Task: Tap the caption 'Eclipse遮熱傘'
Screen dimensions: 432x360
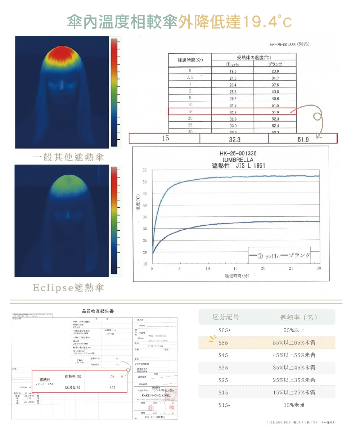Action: (69, 288)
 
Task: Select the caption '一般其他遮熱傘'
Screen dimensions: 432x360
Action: (69, 157)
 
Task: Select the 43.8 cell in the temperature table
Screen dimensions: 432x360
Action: (275, 92)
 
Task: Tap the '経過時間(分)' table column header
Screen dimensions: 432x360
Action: (190, 60)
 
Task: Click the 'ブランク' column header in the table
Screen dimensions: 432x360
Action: (275, 64)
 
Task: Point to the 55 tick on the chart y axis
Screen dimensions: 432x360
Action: (144, 170)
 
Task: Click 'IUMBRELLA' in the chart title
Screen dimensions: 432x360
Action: (238, 159)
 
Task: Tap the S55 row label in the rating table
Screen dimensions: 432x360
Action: (223, 343)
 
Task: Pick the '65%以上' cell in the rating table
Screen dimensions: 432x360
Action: (294, 330)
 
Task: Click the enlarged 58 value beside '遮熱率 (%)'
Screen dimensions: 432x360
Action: (112, 377)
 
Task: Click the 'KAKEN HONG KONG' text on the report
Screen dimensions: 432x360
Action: (156, 395)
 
